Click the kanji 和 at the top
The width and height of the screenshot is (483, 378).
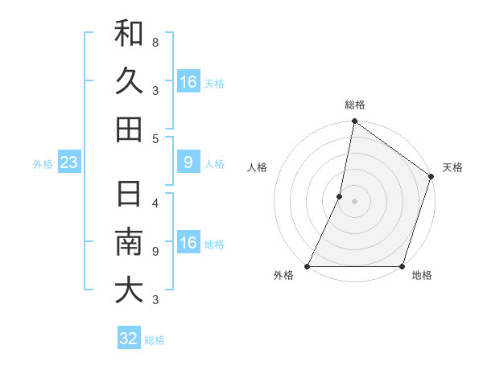[129, 34]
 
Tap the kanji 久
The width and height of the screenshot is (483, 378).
[129, 81]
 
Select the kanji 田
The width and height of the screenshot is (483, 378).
[129, 129]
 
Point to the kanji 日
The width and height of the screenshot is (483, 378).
[129, 194]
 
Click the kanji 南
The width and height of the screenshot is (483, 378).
[129, 241]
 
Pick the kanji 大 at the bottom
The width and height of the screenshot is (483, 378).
[129, 290]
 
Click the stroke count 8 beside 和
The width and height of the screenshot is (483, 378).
[155, 40]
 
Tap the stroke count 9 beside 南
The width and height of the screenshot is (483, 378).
[155, 251]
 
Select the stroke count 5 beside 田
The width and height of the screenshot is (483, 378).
[155, 138]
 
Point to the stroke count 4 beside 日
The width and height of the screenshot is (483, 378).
[155, 203]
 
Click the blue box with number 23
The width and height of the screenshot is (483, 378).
[69, 163]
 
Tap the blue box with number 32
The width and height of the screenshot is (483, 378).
[129, 339]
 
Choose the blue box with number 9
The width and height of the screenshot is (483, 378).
[188, 163]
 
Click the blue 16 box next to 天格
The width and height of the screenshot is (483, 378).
[188, 82]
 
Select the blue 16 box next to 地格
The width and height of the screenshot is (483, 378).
[188, 244]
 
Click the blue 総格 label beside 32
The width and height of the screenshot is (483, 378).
[155, 340]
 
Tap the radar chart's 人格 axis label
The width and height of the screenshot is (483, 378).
[258, 167]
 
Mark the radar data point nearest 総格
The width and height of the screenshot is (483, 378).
[354, 123]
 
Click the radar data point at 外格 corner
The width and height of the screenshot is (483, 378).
[308, 266]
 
